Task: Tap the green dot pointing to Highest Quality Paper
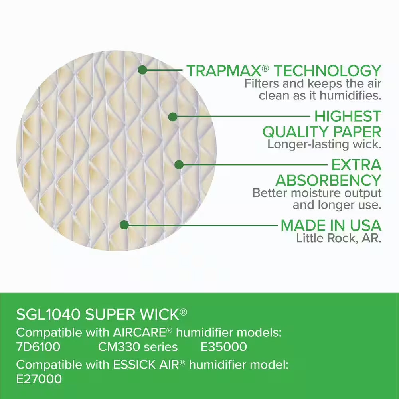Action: pos(172,117)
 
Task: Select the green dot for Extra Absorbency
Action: pos(179,164)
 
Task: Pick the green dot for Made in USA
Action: pos(124,225)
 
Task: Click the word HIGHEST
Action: pos(348,117)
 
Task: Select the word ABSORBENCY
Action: pos(328,180)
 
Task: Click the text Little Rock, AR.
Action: pos(339,238)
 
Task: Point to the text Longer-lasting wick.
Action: pos(324,144)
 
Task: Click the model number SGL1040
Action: pos(48,314)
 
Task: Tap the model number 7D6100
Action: pos(38,347)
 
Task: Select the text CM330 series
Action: pos(138,347)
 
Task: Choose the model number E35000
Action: pos(223,347)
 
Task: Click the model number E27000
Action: pos(39,379)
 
